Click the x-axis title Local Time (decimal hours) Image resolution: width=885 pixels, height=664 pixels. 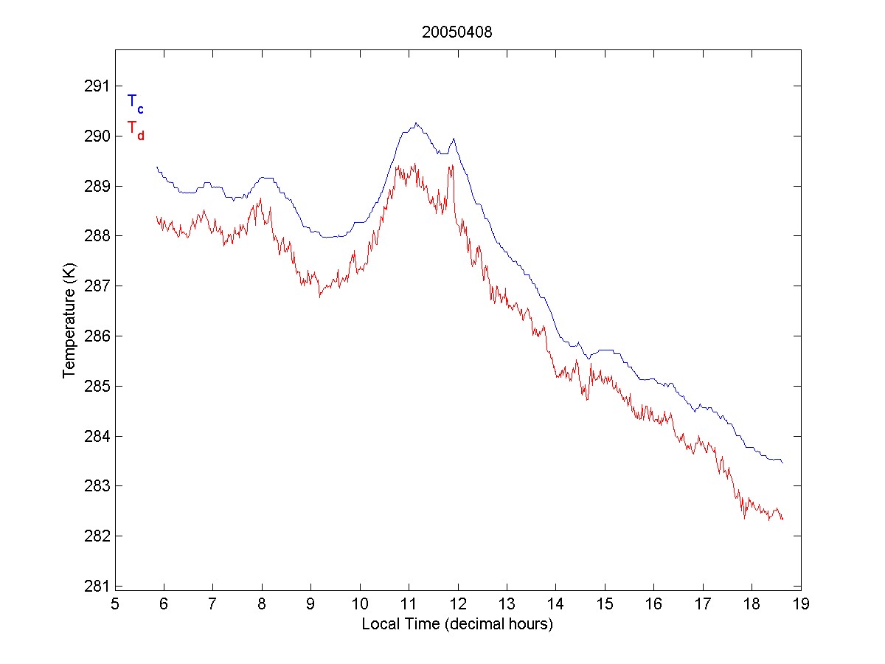457,624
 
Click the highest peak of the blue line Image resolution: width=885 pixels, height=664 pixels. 416,123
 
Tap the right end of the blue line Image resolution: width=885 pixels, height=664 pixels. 782,463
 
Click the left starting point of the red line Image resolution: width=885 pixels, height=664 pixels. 157,217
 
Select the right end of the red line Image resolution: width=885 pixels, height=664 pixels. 782,519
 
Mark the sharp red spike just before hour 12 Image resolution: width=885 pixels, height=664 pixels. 450,166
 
